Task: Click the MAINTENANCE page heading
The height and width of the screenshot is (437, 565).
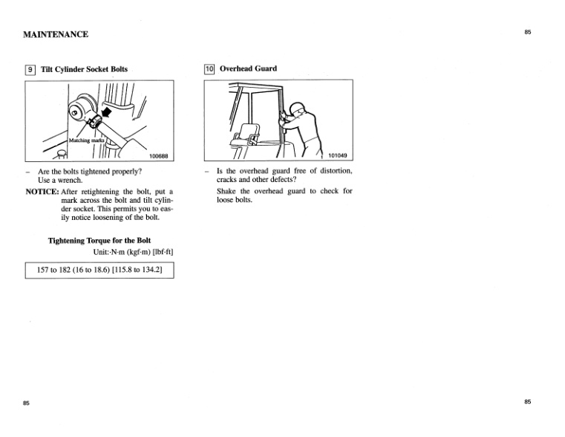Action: pos(56,34)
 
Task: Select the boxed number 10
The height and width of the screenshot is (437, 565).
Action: pos(209,69)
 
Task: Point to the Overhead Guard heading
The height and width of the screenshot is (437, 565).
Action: pos(248,69)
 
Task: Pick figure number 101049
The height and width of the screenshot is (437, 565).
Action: pos(338,156)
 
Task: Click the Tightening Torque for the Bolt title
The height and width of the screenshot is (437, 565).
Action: pos(99,241)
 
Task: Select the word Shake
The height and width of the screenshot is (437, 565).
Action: pos(228,192)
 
